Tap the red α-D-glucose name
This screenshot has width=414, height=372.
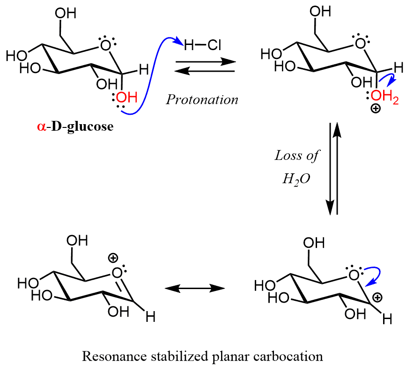(x=74, y=126)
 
